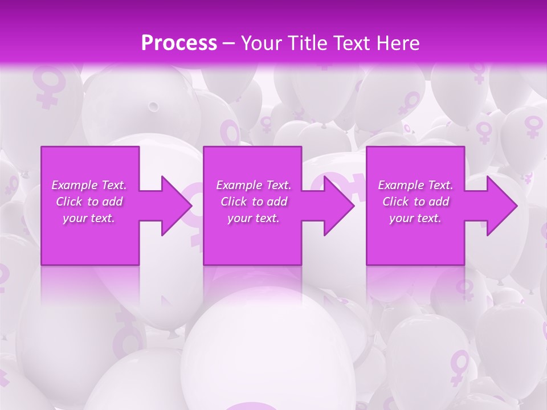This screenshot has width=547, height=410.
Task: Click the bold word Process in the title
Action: click(179, 43)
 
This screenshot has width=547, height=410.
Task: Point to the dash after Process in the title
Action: click(229, 44)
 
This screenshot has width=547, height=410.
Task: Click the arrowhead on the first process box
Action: click(174, 206)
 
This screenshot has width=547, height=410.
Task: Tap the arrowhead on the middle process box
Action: click(337, 206)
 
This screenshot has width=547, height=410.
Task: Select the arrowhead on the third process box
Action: click(499, 206)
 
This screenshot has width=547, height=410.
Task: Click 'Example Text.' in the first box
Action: click(89, 185)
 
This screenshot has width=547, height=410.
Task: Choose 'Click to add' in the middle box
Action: click(254, 202)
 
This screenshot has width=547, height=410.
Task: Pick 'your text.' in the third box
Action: click(415, 218)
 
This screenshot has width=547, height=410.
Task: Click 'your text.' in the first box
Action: click(89, 218)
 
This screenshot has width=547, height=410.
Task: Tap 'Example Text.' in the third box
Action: click(415, 185)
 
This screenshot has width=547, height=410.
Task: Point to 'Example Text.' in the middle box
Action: click(254, 185)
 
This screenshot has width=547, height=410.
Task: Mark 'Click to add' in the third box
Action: click(415, 202)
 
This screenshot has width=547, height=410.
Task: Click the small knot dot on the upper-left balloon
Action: click(153, 106)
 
